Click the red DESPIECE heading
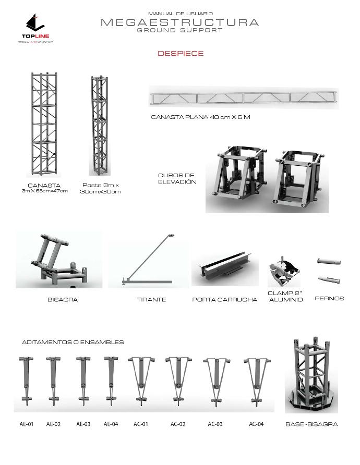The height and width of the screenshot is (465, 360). pos(181,53)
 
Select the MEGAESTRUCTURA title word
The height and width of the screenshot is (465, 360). pos(179,22)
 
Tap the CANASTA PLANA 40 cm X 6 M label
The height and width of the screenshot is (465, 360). pos(200,117)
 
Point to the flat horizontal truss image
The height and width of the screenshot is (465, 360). pos(244,97)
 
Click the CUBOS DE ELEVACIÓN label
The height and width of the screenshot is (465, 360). pos(177,178)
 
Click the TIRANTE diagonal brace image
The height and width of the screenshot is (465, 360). pos(149,261)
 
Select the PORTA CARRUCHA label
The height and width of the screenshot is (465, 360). pos(225,300)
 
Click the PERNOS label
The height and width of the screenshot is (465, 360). pos(329,299)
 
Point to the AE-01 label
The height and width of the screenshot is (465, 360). pos(27,424)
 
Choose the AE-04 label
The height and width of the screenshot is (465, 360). pos(111,424)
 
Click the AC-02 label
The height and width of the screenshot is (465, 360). pos(178,424)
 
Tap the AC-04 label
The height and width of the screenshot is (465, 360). pos(256,424)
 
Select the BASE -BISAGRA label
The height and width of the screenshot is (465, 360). pos(311,424)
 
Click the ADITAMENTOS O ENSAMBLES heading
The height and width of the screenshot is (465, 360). pos(73,342)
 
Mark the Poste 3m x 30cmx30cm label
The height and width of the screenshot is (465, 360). pos(101,188)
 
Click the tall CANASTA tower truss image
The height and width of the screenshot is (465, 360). pos(44,125)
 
